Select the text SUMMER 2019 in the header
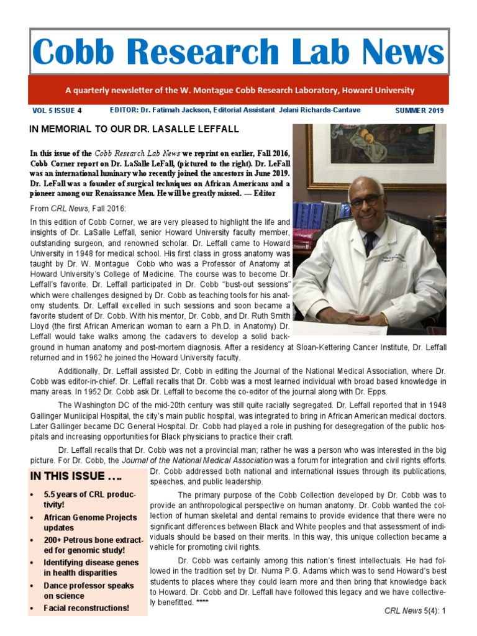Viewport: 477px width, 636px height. [419, 111]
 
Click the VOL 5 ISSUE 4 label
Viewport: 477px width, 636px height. [57, 111]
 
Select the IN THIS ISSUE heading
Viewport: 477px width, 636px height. [76, 478]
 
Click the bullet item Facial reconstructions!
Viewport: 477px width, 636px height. [86, 607]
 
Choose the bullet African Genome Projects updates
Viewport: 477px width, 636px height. [90, 522]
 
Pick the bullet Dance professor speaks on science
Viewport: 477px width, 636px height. [88, 590]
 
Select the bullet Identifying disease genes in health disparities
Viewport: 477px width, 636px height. [90, 567]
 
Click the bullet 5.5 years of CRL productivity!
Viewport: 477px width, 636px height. [90, 499]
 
